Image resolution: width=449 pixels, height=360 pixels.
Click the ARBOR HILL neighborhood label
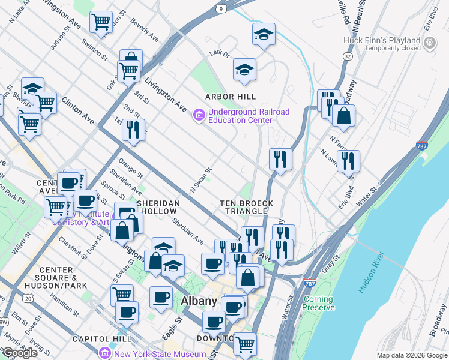coord(231,97)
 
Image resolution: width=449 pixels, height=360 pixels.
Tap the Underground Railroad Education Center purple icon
coord(198,114)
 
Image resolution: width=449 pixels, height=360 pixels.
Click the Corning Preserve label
coord(318,303)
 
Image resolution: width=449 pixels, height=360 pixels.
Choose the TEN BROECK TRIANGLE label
coord(246,208)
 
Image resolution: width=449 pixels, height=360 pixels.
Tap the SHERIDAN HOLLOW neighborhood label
coord(158,208)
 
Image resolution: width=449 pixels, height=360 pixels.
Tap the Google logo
coord(20,353)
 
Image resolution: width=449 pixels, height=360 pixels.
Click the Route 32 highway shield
coord(348,56)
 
